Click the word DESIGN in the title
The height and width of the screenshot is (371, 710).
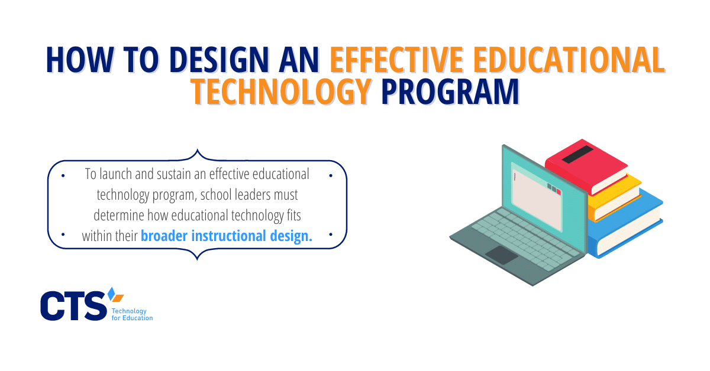(220, 60)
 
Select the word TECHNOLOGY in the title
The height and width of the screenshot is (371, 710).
(282, 91)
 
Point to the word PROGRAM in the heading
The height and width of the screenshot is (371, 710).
(450, 91)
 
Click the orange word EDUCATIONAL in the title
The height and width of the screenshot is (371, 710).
(569, 60)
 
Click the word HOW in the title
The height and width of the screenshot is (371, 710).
(79, 60)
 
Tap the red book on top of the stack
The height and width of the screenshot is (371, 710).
(586, 167)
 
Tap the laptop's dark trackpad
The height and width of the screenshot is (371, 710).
(502, 255)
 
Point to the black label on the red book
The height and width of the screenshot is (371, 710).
(577, 154)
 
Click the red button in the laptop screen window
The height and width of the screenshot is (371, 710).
(559, 192)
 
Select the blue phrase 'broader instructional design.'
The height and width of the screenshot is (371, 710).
(226, 236)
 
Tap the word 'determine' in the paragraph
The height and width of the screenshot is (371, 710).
(119, 216)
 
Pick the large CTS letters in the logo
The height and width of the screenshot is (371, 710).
(73, 305)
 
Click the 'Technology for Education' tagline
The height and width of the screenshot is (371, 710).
(132, 314)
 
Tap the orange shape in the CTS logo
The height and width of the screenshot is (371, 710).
(118, 298)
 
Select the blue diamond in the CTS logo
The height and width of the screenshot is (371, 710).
(111, 294)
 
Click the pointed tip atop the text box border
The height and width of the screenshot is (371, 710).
(197, 149)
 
